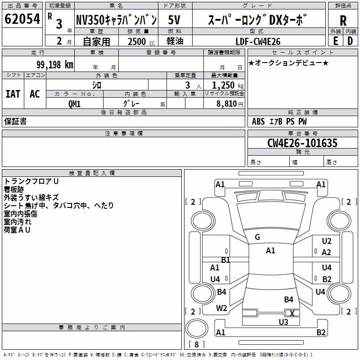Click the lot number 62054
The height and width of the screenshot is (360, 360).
[22, 19]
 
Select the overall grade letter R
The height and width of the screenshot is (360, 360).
[343, 21]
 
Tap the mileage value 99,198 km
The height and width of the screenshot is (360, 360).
[55, 65]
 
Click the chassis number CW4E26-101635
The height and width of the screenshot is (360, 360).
[302, 143]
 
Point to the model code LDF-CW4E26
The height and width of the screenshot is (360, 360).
[258, 41]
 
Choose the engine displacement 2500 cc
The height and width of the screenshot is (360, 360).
[141, 41]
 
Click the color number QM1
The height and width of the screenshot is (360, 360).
[74, 104]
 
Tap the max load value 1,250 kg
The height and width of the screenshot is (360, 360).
[228, 85]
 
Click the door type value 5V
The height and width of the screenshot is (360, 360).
[174, 20]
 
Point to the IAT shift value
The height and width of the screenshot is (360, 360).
[13, 94]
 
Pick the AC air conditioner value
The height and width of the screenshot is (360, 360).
[35, 94]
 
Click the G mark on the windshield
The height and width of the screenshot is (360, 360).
[257, 237]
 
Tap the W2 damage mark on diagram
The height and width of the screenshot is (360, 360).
[221, 308]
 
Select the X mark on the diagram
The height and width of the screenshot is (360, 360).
[292, 313]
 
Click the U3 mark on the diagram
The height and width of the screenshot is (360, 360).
[283, 322]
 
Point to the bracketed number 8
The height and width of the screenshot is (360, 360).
[197, 344]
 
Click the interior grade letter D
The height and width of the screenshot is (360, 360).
[350, 41]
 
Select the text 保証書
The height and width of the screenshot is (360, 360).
[15, 121]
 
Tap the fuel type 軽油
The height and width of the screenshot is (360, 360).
[175, 41]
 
